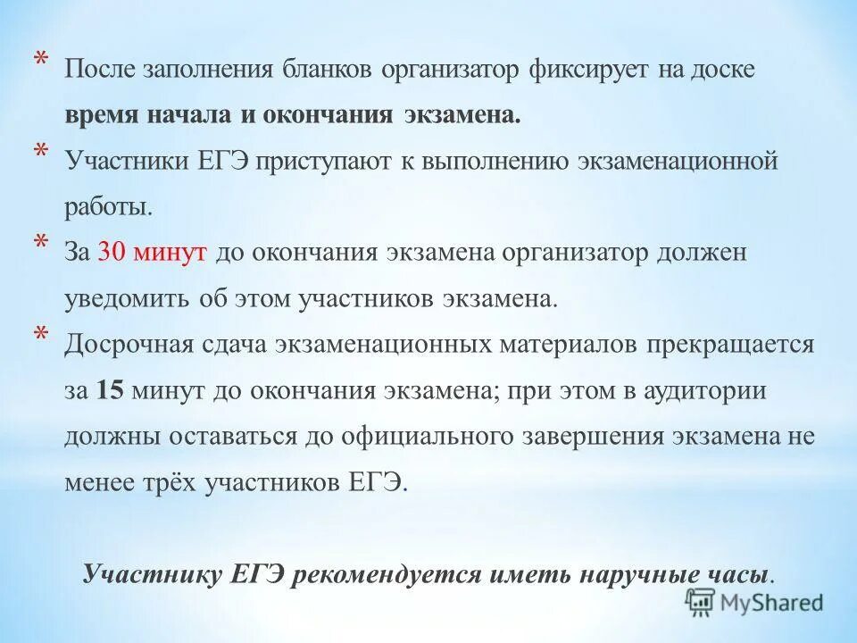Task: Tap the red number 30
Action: click(112, 253)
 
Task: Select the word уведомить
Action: click(124, 298)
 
